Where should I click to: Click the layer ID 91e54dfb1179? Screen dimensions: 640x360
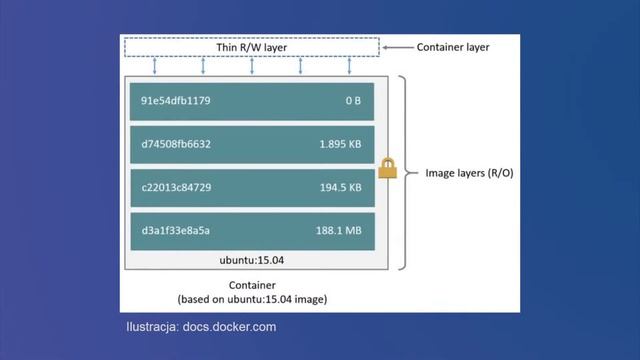tap(176, 101)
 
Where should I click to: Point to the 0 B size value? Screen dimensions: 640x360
tap(353, 101)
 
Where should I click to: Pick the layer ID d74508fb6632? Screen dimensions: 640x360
tap(176, 144)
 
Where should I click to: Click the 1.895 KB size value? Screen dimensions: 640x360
tap(340, 144)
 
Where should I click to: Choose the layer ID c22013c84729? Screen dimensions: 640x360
tap(176, 187)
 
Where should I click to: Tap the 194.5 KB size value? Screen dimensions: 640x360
tap(340, 187)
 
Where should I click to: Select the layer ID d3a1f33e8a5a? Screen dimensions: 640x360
tap(176, 230)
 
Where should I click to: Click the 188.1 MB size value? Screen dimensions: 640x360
tap(339, 230)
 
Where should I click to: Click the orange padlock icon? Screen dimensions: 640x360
tap(388, 168)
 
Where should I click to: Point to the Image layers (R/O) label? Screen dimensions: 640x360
tap(469, 173)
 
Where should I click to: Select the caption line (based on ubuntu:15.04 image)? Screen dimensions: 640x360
tap(252, 299)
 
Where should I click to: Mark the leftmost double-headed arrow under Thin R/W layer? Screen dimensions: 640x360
tap(155, 66)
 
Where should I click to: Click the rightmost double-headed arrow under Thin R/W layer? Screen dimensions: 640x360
tap(349, 66)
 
